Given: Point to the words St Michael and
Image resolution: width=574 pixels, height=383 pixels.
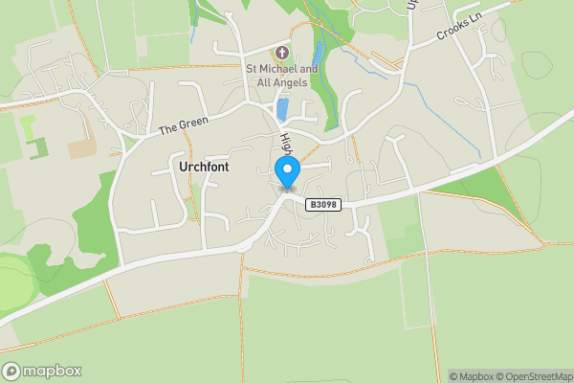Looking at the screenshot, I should (281, 69).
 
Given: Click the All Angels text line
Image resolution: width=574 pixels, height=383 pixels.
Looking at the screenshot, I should (281, 83).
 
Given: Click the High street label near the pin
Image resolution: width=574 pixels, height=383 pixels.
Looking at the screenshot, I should (285, 146).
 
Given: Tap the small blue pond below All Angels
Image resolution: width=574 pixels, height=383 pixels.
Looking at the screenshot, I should (282, 108).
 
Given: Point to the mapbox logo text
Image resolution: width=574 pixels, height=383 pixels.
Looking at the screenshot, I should (53, 371).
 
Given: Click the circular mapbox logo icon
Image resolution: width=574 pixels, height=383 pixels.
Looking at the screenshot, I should (12, 371).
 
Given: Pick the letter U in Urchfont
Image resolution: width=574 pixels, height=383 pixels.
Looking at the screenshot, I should (183, 166).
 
